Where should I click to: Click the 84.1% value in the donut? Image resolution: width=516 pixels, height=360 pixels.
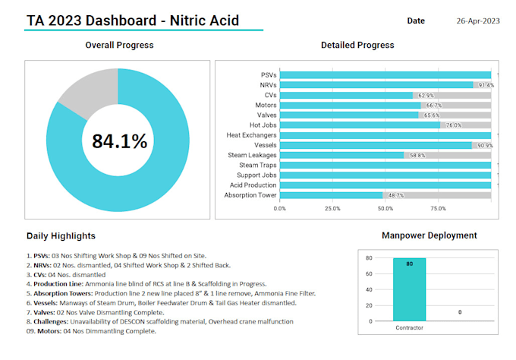click(x=119, y=141)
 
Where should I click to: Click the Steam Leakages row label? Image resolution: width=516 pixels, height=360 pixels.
click(x=253, y=155)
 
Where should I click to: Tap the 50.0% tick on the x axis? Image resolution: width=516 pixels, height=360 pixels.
click(x=385, y=208)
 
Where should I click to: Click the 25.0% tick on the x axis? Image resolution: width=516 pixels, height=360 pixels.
click(x=332, y=208)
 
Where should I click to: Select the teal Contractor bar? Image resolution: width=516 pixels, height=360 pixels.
click(x=409, y=289)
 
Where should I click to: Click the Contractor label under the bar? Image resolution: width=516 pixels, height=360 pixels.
click(x=409, y=328)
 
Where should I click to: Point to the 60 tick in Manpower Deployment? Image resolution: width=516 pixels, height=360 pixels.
click(x=368, y=273)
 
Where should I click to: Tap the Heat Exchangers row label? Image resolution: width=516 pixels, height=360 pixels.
click(x=251, y=135)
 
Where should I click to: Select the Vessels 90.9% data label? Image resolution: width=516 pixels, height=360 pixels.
click(x=483, y=145)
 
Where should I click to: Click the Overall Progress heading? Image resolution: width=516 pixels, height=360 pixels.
click(x=119, y=45)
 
